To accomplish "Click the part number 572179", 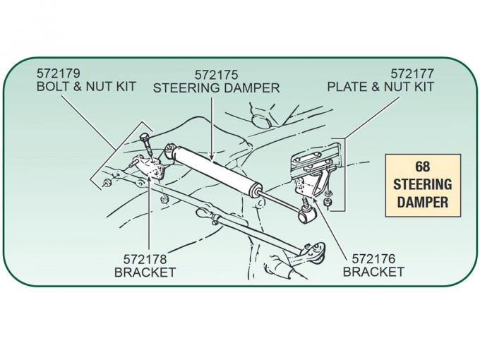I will click(59, 73).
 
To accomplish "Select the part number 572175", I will click(217, 74).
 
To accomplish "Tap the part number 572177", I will click(412, 73).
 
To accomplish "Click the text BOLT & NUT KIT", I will click(85, 87).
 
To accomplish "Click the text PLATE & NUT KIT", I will click(380, 87).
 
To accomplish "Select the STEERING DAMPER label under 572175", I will click(217, 88).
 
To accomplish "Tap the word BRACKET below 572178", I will click(145, 272).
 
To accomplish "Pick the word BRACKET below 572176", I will click(373, 272).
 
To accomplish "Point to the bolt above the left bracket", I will click(146, 144).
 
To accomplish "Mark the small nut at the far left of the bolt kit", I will click(105, 184).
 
